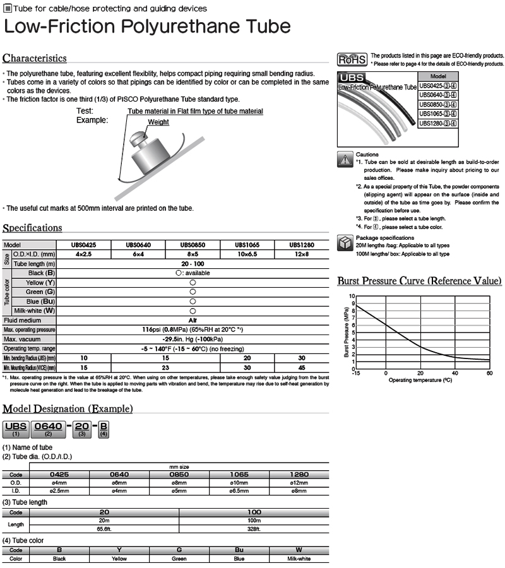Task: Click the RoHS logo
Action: (x=353, y=60)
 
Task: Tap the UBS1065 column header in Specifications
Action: (x=246, y=244)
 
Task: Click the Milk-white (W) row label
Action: (x=35, y=311)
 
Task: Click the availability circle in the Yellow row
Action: (x=192, y=282)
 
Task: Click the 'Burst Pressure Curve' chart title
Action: (x=420, y=281)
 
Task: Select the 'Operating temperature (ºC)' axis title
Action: (x=420, y=380)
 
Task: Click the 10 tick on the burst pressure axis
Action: (x=352, y=296)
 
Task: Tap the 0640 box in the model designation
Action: (x=48, y=427)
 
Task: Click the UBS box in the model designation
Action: (x=16, y=427)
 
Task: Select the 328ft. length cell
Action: (x=254, y=528)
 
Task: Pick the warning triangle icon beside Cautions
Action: (x=345, y=160)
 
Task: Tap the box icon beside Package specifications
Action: (x=345, y=242)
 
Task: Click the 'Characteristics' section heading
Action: (x=35, y=58)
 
